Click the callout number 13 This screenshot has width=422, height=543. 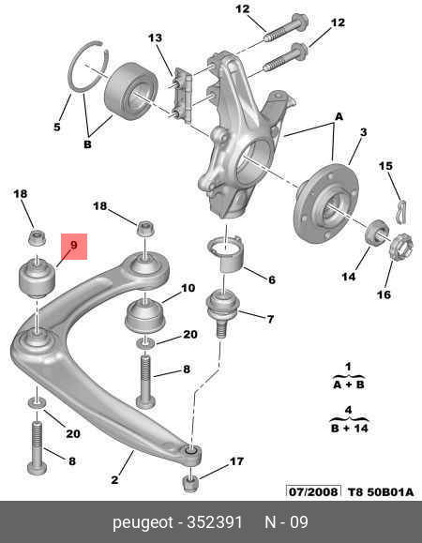point(155,38)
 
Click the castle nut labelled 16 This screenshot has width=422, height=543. point(398,246)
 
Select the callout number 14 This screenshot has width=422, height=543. point(348,277)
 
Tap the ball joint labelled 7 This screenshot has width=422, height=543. point(223,309)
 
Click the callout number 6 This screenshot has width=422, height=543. point(271,279)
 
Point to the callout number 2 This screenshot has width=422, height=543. point(114,481)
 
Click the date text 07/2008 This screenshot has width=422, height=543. point(314,491)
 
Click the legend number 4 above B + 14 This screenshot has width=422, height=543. point(347,409)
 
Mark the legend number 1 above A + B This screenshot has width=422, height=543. point(347,366)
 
